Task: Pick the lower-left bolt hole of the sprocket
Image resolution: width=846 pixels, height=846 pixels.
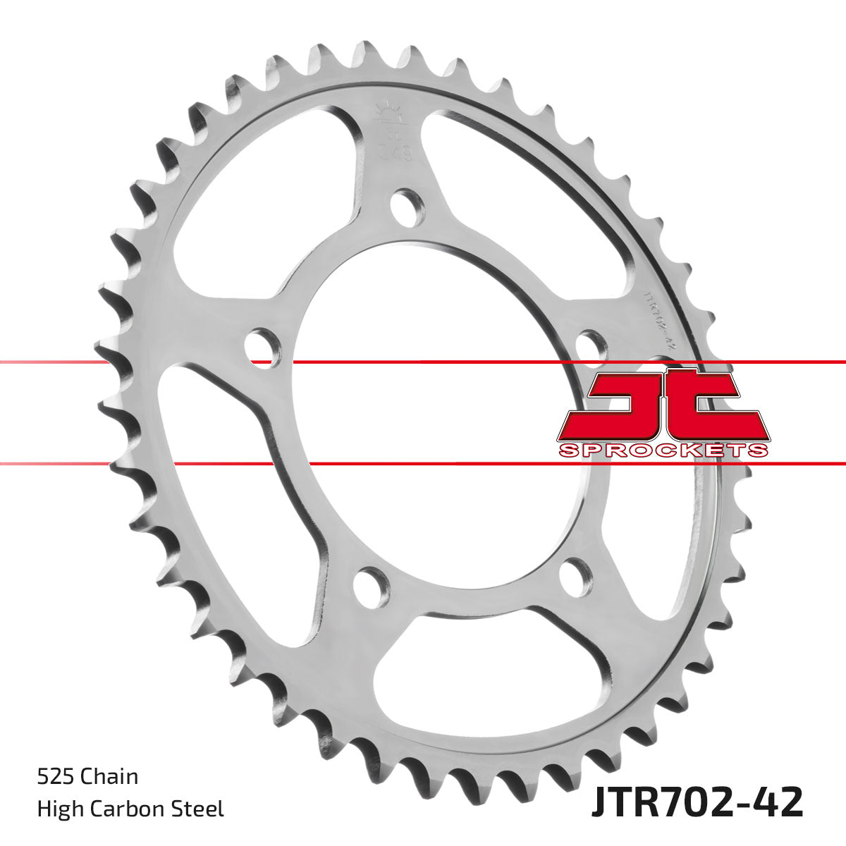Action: point(371,584)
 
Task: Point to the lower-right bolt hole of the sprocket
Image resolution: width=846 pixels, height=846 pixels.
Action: point(577,577)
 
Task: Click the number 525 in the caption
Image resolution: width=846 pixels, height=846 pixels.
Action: point(57,776)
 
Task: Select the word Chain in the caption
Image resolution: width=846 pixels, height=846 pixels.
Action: point(110,776)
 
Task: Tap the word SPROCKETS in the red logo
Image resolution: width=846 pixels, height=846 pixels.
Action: point(662,450)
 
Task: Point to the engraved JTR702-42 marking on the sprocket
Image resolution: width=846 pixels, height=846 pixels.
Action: point(655,317)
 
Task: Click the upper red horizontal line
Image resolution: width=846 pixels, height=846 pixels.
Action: point(423,362)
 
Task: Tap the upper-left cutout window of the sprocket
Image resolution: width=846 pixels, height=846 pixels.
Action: point(261,190)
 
